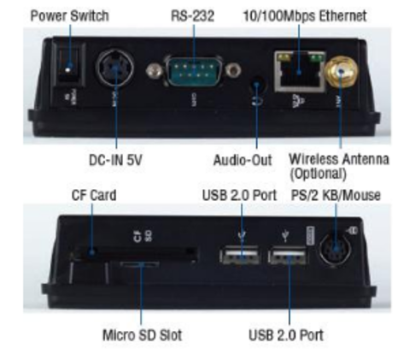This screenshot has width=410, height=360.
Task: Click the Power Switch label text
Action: tap(69, 15)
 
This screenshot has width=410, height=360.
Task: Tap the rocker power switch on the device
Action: tap(69, 65)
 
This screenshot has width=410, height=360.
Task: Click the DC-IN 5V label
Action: tap(115, 160)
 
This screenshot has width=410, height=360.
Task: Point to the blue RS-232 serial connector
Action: tap(194, 71)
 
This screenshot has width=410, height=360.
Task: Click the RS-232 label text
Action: tap(192, 15)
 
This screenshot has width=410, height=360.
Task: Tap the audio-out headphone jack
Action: tap(258, 85)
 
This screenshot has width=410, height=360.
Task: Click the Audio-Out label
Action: tap(243, 160)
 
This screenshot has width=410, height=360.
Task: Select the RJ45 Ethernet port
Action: tap(300, 72)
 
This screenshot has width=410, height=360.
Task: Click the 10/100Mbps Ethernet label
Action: tap(305, 15)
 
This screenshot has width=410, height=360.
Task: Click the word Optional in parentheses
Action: tap(318, 174)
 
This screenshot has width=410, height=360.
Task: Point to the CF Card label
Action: tap(94, 195)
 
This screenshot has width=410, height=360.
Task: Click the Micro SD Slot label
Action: tap(142, 335)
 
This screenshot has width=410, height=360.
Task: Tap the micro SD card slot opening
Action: tap(139, 264)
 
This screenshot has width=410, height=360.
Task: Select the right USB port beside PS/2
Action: tap(288, 256)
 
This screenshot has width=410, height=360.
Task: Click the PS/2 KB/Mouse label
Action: tap(336, 195)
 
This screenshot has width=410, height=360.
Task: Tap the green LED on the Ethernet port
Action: tap(318, 58)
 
